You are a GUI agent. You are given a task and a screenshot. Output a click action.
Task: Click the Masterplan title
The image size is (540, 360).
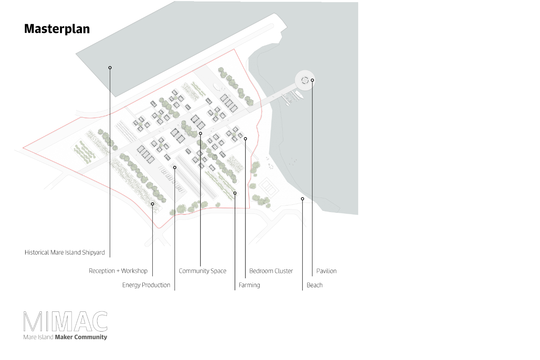click(57, 29)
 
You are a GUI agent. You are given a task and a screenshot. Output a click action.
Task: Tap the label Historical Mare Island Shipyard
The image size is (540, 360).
click(64, 252)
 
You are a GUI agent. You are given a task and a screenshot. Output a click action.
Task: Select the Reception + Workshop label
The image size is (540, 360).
click(118, 271)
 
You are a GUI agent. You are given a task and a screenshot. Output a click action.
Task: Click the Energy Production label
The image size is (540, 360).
click(146, 285)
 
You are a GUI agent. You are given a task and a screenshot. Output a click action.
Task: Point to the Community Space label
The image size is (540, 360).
click(202, 271)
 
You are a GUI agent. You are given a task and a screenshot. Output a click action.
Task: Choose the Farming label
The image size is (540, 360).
click(249, 285)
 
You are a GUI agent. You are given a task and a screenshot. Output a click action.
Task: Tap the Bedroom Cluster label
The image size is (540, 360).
click(271, 271)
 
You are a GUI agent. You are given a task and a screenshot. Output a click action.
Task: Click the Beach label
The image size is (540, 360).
click(315, 285)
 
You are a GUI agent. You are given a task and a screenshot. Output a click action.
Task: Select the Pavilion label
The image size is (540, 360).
click(327, 271)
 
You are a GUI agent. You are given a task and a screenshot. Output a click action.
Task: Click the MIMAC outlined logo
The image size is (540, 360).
click(65, 321)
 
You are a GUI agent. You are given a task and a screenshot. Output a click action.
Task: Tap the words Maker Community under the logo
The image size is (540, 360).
click(81, 337)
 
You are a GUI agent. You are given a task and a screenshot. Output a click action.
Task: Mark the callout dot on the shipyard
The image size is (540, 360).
click(110, 68)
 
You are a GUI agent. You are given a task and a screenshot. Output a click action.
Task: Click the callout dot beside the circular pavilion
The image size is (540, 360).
click(312, 80)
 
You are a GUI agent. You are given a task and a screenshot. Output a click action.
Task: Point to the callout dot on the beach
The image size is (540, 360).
click(302, 199)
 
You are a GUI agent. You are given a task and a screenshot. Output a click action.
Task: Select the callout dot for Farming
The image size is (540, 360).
click(235, 193)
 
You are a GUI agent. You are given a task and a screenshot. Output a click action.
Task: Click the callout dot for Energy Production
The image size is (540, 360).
click(175, 167)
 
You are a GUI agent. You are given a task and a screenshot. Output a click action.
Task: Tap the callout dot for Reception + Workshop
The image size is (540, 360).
click(152, 204)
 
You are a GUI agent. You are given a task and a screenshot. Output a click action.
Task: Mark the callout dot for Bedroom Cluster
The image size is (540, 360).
click(246, 139)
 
